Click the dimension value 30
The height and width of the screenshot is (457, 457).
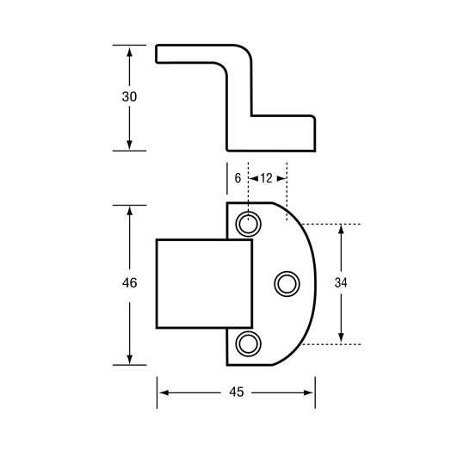(x=129, y=96)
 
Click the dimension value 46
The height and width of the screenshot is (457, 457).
(x=129, y=282)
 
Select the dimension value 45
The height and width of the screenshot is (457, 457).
(x=237, y=392)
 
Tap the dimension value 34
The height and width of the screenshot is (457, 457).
(x=341, y=282)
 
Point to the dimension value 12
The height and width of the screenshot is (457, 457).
(x=266, y=178)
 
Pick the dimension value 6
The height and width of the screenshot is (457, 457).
(x=238, y=178)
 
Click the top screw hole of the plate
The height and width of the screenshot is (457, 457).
(x=248, y=224)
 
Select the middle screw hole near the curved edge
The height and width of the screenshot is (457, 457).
(x=287, y=284)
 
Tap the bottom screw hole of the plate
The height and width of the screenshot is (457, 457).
(x=248, y=343)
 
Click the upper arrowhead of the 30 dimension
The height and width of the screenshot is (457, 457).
(x=129, y=52)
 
